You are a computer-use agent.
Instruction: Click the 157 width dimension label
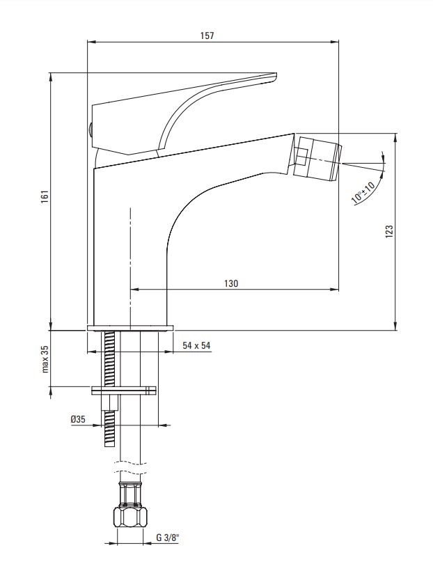click(207, 36)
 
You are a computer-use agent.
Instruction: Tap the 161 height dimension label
click(45, 196)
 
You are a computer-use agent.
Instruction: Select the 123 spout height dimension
click(389, 232)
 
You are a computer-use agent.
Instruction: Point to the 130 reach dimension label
click(231, 283)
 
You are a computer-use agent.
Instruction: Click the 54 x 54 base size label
click(196, 345)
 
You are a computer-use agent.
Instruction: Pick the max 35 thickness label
click(45, 359)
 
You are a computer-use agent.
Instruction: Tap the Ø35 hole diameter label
click(78, 419)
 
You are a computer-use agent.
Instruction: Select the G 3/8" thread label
click(168, 538)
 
